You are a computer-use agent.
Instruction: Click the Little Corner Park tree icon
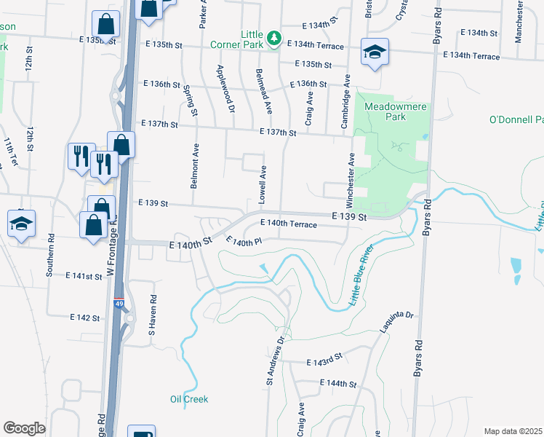273,37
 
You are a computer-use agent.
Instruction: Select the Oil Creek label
189,399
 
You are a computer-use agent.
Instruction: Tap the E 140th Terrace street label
288,224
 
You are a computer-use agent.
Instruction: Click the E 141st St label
84,276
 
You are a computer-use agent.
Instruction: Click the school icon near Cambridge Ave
375,52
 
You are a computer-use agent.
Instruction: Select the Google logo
24,428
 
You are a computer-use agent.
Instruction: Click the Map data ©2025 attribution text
513,431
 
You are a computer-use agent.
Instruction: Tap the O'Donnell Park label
516,119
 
